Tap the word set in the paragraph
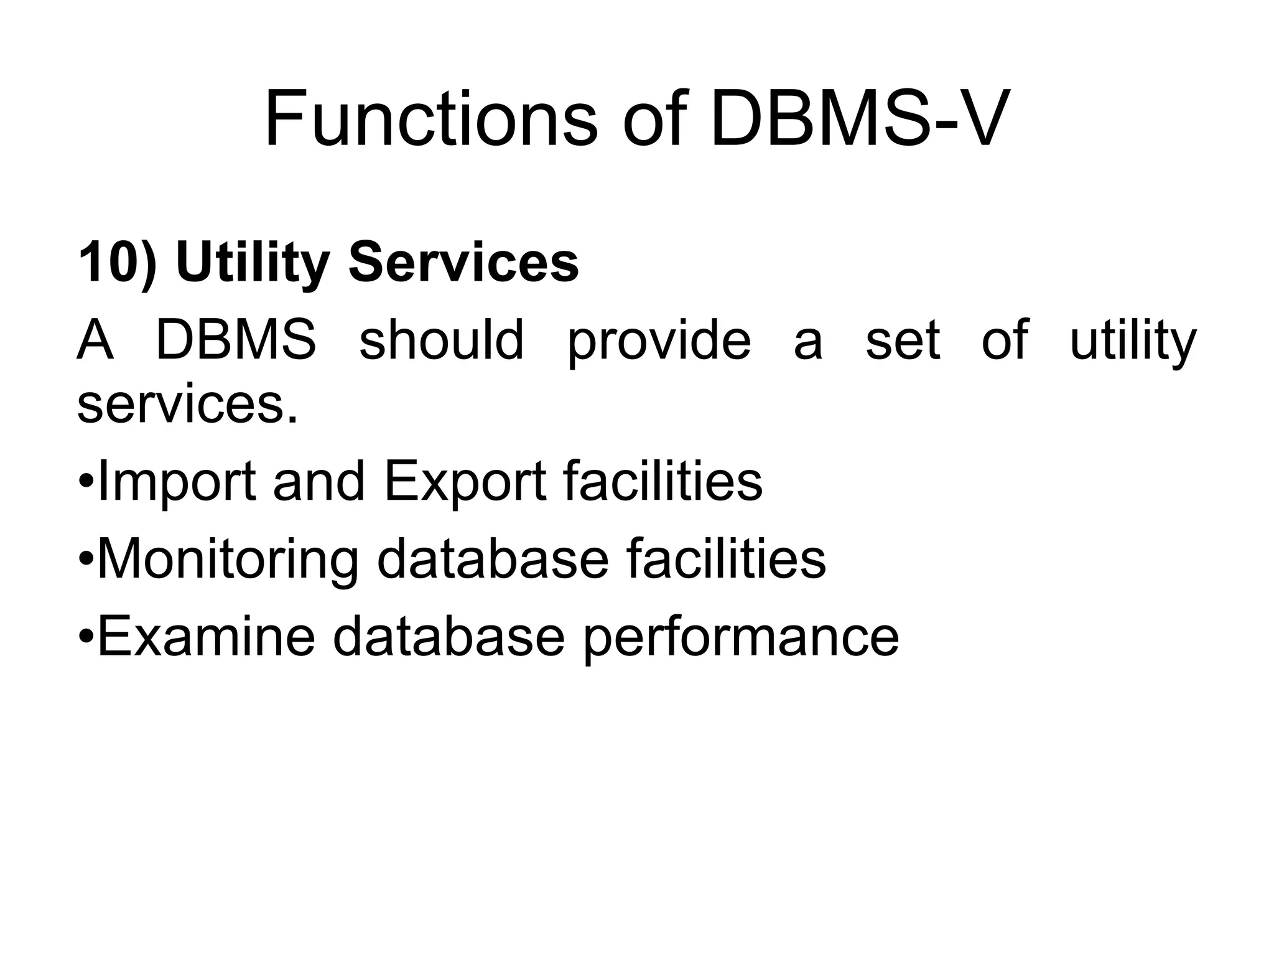[903, 341]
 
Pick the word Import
[177, 482]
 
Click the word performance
[741, 639]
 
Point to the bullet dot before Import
[86, 483]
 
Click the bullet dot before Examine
[86, 638]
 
